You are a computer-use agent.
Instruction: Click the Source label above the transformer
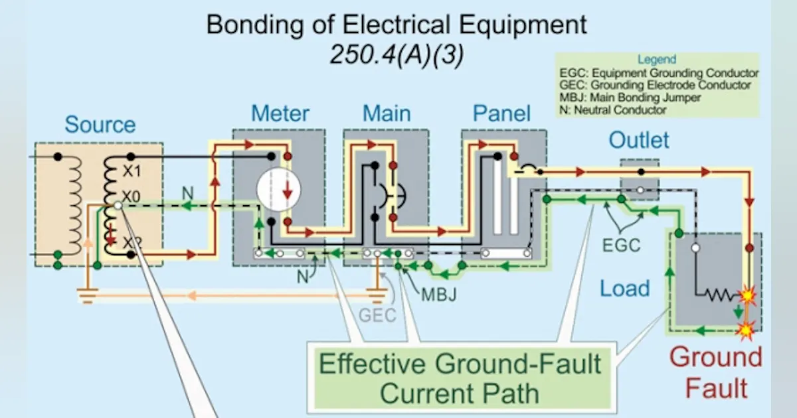pos(100,125)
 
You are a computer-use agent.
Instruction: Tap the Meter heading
pos(280,113)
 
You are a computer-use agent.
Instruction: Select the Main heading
pos(387,113)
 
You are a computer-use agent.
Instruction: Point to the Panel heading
pos(501,113)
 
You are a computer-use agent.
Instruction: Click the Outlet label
pos(639,140)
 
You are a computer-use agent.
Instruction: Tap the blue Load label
pos(624,289)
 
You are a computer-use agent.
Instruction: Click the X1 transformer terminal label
pos(132,171)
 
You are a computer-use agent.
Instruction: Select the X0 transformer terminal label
pos(132,197)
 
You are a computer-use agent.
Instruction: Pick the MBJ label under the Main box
pos(438,293)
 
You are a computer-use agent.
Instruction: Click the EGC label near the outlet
pos(620,245)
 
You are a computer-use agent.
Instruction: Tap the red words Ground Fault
pos(715,372)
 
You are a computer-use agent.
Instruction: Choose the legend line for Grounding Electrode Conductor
pos(655,86)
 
